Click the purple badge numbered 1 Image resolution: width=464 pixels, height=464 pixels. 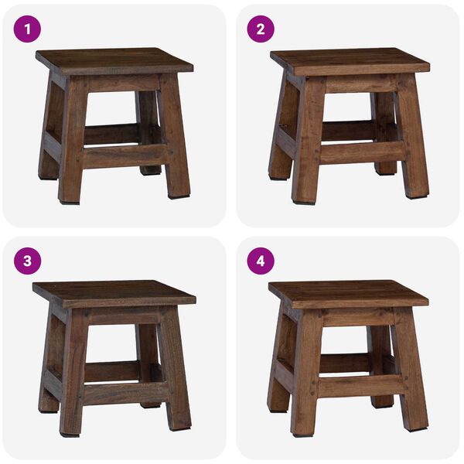coord(28,29)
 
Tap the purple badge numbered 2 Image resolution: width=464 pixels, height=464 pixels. coord(261,29)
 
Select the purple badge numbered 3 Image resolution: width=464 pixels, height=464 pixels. coord(28,261)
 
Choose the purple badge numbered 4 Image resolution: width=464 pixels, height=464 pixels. coord(261,261)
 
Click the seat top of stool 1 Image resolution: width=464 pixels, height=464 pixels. coord(114,60)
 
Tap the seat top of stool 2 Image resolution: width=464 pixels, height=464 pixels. coord(350,60)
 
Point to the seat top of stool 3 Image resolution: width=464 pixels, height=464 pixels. coord(114,292)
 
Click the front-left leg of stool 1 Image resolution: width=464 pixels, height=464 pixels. coord(72,147)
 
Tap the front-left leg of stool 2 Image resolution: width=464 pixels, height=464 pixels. coord(308,147)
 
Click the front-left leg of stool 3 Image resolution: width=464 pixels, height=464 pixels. coord(72,379)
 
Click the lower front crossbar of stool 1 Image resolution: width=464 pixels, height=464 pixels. coord(124,155)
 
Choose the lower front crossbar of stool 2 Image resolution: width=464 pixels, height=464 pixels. coord(360,152)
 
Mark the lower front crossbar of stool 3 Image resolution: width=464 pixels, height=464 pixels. coord(124,391)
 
